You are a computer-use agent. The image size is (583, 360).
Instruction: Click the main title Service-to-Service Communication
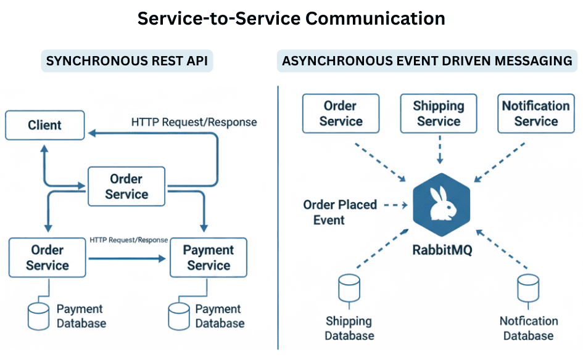pos(291,18)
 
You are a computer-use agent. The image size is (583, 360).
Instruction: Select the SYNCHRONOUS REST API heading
pos(126,61)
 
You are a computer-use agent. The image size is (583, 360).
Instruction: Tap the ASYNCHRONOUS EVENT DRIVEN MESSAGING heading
pos(426,61)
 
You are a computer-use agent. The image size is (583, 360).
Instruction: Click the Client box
pos(44,125)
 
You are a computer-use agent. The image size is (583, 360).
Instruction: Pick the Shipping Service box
pos(439,113)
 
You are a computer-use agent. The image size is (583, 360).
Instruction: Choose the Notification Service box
pos(535,113)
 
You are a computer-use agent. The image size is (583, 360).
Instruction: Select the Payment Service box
pos(209,258)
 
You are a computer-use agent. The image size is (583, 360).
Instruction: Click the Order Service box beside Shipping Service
pos(341,113)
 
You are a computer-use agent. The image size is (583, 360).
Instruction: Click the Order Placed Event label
pos(340,212)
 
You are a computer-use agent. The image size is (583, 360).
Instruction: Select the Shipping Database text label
pos(349,328)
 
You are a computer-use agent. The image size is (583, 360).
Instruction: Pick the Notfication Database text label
pos(528,328)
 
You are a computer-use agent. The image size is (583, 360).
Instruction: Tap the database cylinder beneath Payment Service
pos(179,315)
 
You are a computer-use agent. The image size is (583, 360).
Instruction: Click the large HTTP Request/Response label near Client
pos(194,122)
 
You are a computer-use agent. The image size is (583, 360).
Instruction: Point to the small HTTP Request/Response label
pos(128,240)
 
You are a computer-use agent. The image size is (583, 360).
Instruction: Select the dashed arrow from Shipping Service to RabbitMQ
pos(439,150)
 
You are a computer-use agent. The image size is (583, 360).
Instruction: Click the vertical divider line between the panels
pos(278,216)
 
